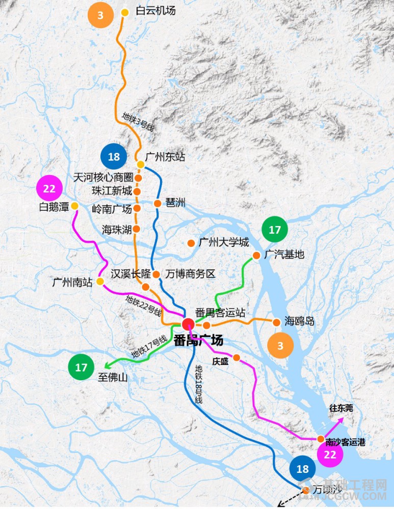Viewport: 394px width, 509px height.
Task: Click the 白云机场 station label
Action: (x=155, y=11)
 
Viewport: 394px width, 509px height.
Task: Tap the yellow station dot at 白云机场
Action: (x=125, y=12)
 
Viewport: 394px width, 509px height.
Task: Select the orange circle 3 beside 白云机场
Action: (x=100, y=15)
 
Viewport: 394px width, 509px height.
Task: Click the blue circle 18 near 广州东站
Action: (x=114, y=156)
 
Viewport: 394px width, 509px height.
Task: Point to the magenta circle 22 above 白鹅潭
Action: (x=49, y=189)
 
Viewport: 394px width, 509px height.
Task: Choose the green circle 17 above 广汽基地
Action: (x=275, y=230)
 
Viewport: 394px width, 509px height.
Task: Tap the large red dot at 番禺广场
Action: (x=188, y=324)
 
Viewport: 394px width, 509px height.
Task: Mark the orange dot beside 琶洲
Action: (x=157, y=204)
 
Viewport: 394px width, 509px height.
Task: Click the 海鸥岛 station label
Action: (x=299, y=321)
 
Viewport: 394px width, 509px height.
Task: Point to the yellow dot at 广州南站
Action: (x=100, y=281)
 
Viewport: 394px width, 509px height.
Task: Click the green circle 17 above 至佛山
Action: (x=82, y=366)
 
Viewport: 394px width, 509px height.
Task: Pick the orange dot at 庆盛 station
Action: (x=237, y=357)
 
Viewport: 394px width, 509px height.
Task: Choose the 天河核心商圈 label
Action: (x=103, y=178)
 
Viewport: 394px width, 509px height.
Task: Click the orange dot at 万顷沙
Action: (x=306, y=490)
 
